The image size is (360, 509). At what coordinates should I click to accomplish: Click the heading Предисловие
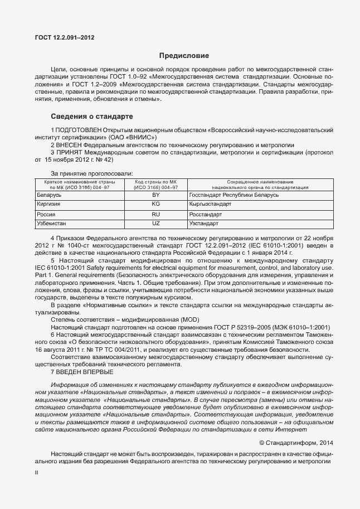tap(184, 56)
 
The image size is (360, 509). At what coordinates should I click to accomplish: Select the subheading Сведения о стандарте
tap(92, 117)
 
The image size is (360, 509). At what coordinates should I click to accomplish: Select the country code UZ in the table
tap(155, 223)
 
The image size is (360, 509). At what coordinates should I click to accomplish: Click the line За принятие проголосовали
tap(92, 173)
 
